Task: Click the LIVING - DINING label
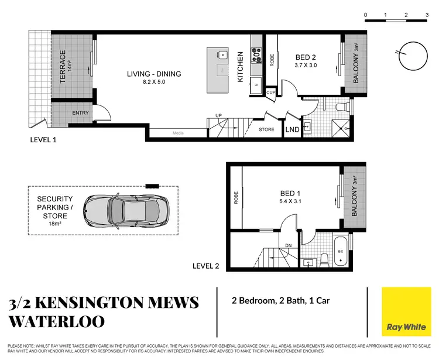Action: point(155,74)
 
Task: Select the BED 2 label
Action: point(306,57)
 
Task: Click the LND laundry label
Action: point(292,129)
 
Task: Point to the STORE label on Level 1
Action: point(266,129)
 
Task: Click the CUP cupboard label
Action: point(270,92)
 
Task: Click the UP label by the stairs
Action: point(218,115)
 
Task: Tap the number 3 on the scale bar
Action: point(427,15)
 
